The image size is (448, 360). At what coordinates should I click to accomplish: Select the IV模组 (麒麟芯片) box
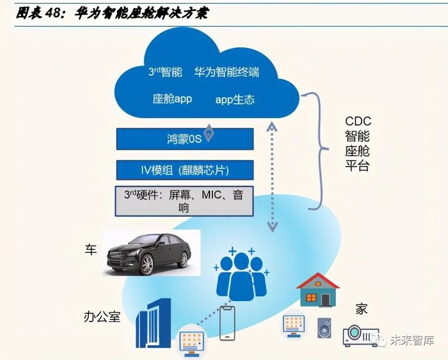coord(185,170)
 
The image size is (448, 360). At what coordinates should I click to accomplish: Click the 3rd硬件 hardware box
coord(185,200)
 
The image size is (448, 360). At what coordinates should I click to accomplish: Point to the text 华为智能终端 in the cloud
coord(227,72)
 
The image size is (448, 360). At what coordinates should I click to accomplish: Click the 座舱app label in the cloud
coord(172,99)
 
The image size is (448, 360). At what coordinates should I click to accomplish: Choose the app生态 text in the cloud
coord(235,99)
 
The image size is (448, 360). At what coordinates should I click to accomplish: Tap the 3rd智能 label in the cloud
coord(165,72)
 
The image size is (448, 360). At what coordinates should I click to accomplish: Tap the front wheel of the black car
coord(146,263)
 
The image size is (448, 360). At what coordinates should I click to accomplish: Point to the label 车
coord(90,249)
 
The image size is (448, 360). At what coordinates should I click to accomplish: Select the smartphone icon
coord(227,322)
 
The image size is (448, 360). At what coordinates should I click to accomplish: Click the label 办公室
coord(102,316)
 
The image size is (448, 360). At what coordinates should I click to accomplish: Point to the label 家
coord(362,309)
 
